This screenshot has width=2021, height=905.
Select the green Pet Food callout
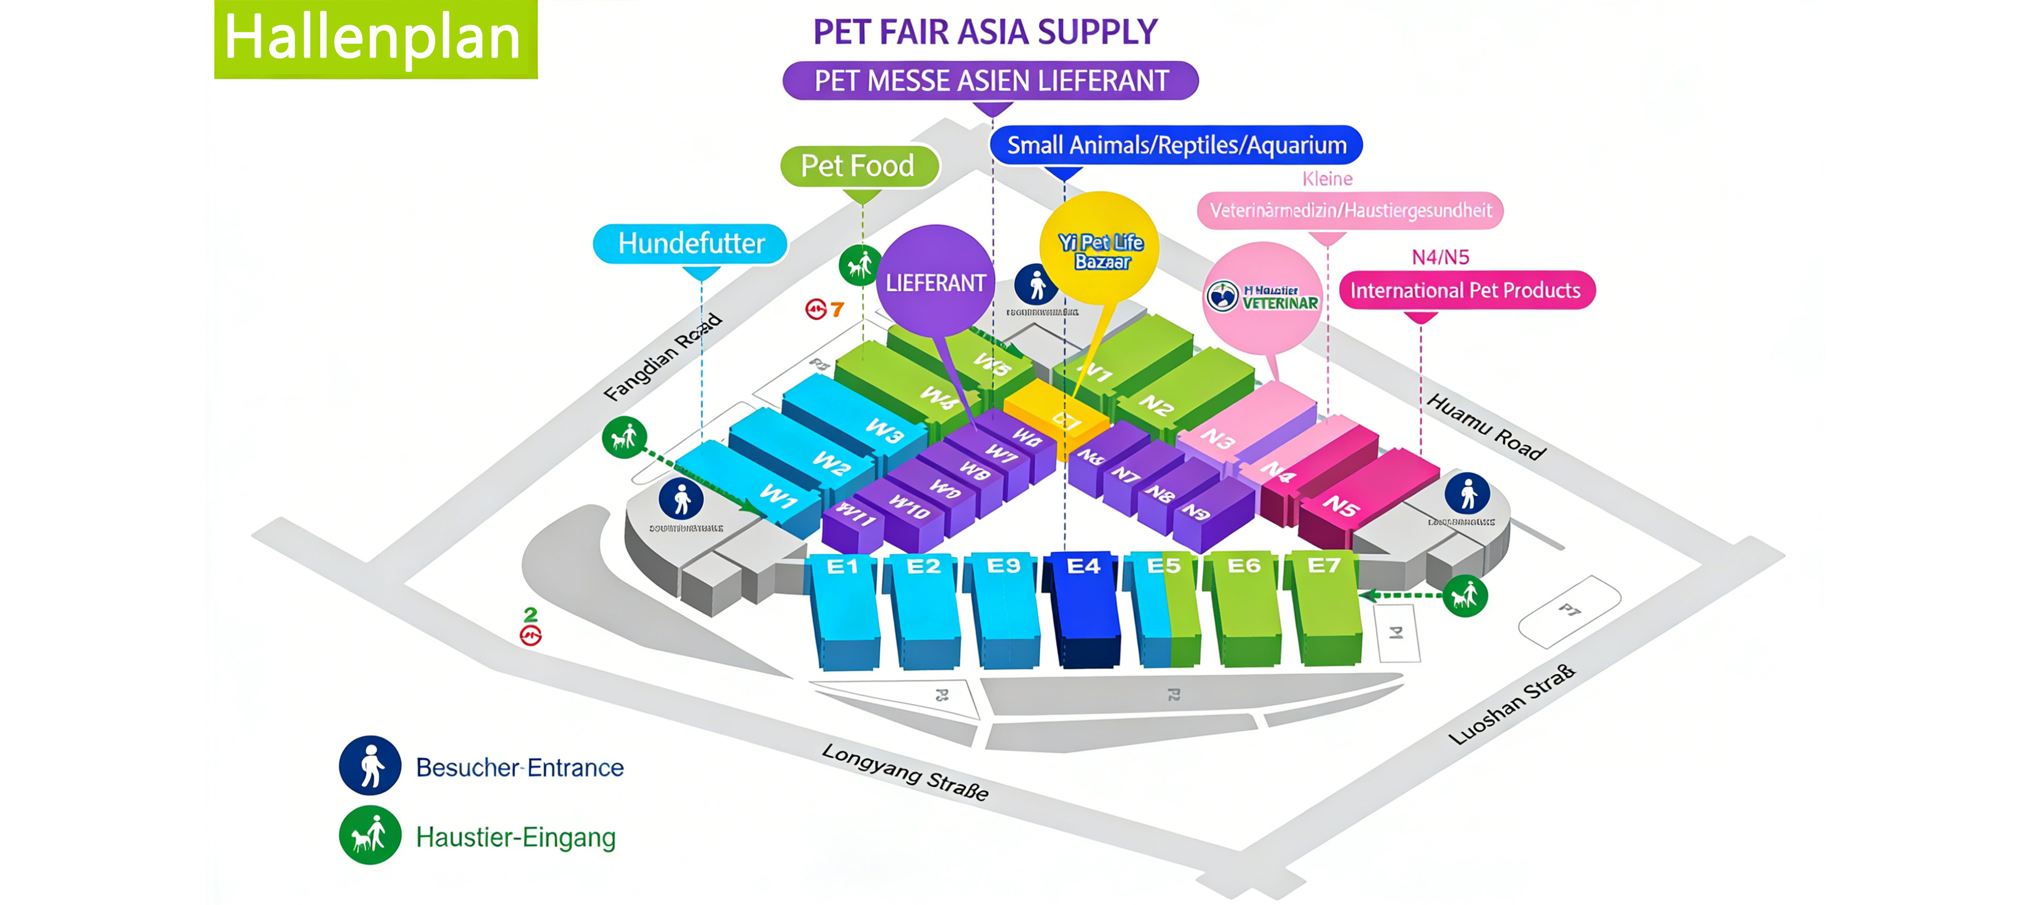point(859,166)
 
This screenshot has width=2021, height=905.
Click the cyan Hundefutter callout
point(691,243)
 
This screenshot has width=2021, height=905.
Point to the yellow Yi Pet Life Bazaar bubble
point(1100,249)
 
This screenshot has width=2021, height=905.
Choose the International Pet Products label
point(1465,290)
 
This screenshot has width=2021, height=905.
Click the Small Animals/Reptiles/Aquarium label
point(1175,145)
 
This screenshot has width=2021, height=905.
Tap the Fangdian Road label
point(662,357)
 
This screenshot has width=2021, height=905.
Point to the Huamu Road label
point(1485,426)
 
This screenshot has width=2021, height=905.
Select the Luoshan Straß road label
point(1511,704)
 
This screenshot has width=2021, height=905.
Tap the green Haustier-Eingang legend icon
point(370,835)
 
